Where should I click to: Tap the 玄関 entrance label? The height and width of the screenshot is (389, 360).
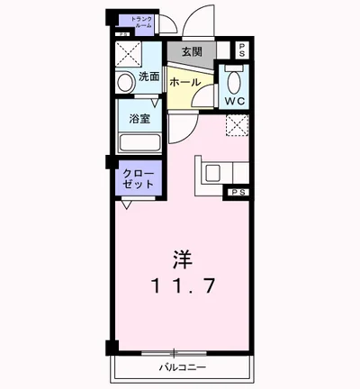pyautogui.click(x=192, y=52)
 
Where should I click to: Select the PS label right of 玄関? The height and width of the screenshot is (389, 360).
pyautogui.click(x=241, y=50)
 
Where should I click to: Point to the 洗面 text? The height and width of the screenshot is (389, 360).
pyautogui.click(x=148, y=77)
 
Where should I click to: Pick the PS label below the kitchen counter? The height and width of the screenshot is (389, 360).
pyautogui.click(x=238, y=192)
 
